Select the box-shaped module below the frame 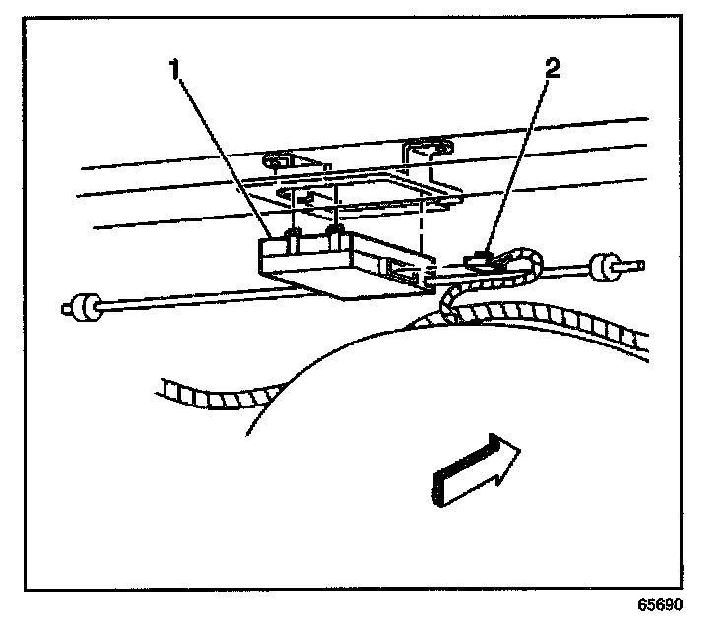[335, 266]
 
